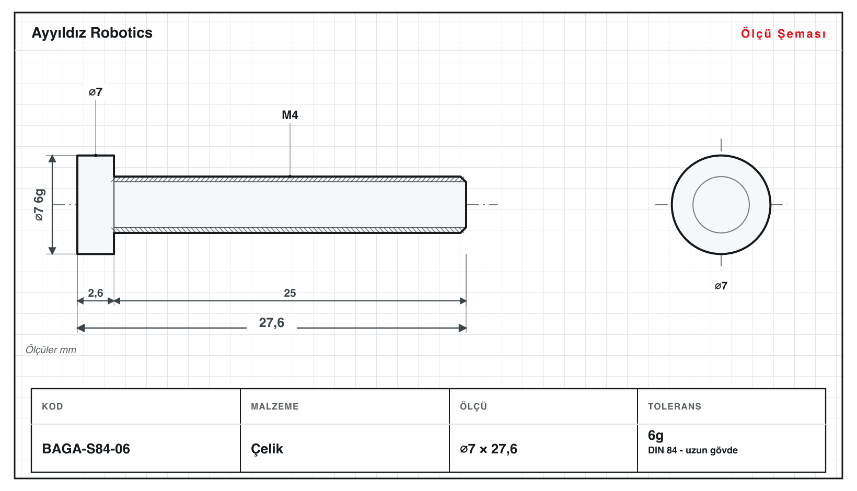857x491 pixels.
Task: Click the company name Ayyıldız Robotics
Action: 92,33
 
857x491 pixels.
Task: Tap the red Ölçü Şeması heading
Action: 783,33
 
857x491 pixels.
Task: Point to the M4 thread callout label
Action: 290,115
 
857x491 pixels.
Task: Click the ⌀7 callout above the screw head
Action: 96,92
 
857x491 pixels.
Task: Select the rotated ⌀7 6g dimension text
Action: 39,205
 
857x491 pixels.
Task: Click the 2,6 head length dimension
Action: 96,293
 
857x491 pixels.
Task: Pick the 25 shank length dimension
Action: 290,293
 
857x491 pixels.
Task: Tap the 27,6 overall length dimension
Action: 272,323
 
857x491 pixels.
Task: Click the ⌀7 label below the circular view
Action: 721,286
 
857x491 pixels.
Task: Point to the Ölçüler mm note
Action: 51,350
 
